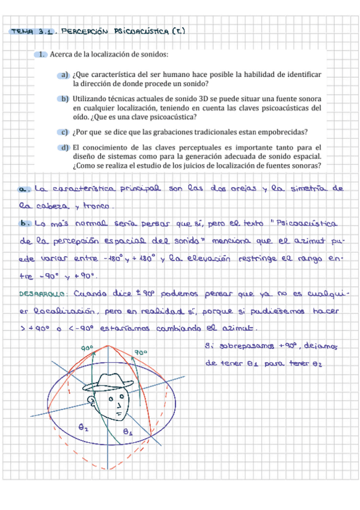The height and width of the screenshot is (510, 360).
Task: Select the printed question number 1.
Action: [x=41, y=55]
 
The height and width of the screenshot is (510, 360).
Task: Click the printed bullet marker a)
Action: [x=63, y=75]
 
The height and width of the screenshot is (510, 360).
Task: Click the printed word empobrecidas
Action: [x=284, y=132]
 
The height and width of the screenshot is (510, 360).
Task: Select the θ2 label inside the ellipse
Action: [x=84, y=428]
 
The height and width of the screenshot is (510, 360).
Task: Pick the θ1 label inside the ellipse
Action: [x=128, y=431]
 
